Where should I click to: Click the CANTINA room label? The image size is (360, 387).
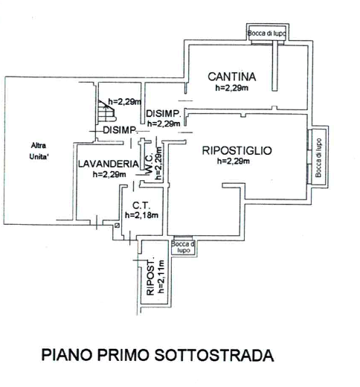coord(232,77)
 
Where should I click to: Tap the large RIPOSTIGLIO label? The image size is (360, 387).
coord(237,150)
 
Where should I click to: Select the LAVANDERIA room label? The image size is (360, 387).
coord(109,164)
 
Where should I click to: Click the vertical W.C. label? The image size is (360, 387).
coord(149,164)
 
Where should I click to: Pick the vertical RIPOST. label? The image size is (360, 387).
coord(150,279)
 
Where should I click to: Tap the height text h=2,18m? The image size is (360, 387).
coord(141,215)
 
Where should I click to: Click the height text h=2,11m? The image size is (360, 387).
coord(161,276)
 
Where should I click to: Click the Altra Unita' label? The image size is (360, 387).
coord(39,151)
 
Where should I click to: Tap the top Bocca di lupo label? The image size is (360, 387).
coord(267,33)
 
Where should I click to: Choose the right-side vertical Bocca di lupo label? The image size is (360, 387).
coord(318,158)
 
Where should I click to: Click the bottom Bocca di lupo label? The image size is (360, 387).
coord(184,247)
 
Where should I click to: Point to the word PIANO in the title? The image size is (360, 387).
coord(67,355)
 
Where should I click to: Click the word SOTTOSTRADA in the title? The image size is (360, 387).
coord(214,355)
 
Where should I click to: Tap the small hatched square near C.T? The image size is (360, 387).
coord(117,226)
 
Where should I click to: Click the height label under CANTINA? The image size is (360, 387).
coord(232,88)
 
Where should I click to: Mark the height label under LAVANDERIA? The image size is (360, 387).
coord(109,174)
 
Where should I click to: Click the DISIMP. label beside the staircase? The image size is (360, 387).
coord(120,130)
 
